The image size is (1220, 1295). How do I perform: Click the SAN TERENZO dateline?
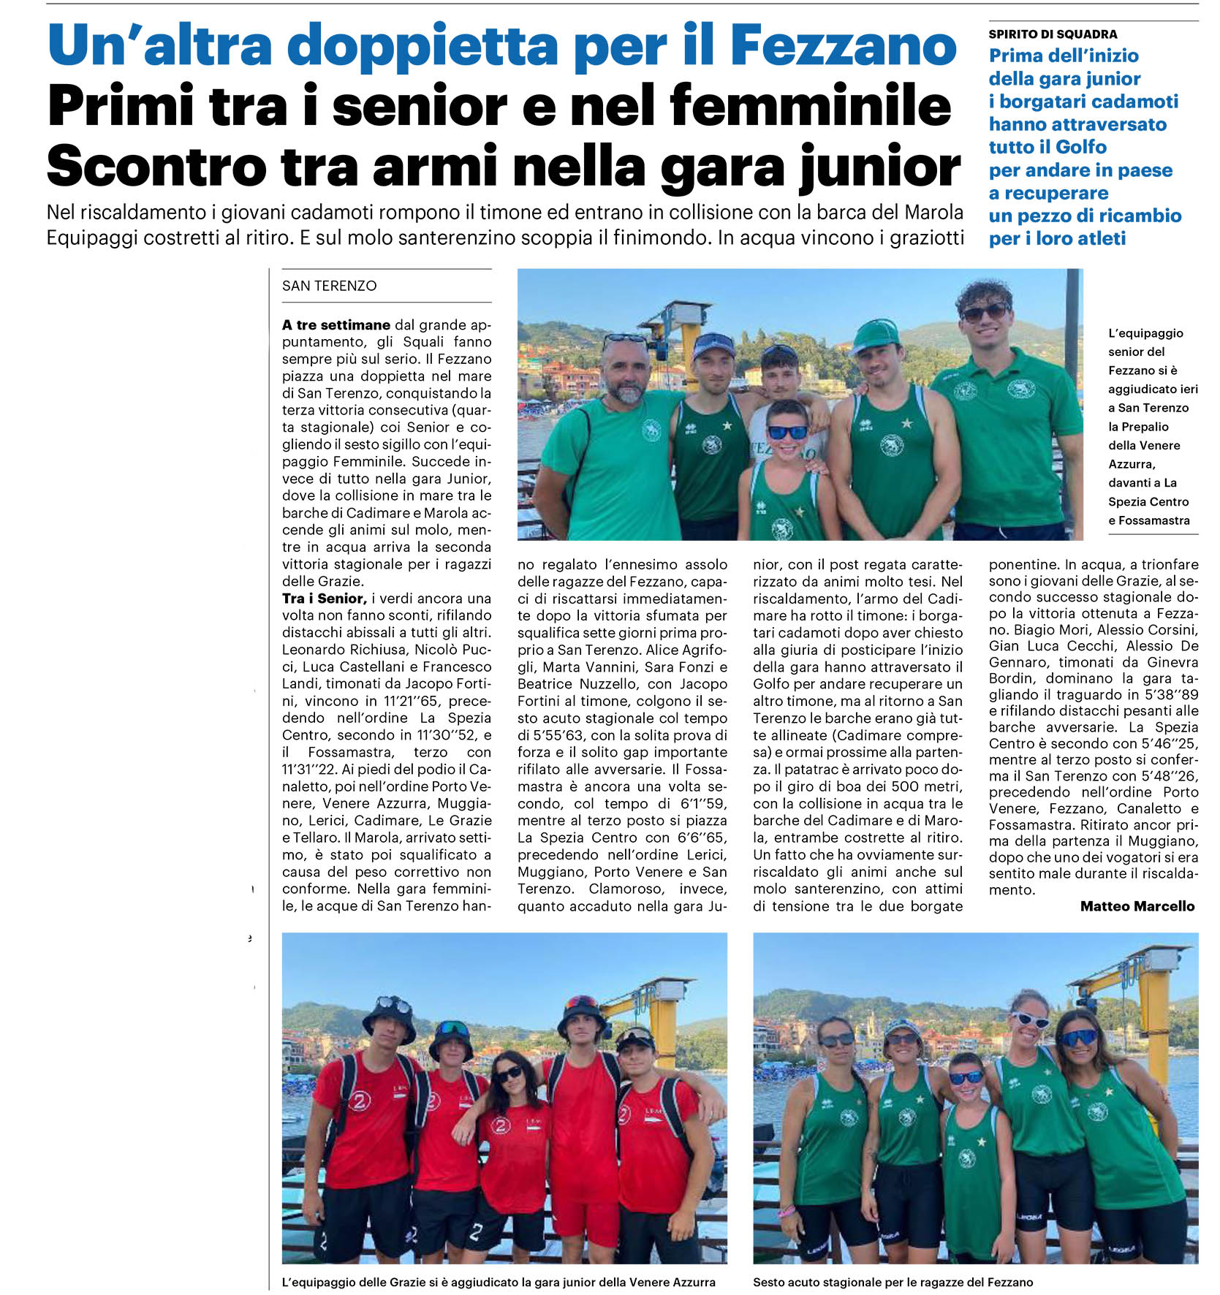click(x=329, y=286)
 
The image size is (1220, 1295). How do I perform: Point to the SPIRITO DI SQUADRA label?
click(x=1053, y=34)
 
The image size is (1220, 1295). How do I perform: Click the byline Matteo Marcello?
click(x=1137, y=906)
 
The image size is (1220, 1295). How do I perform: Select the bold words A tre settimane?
click(x=336, y=324)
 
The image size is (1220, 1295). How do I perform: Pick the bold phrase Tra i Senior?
click(x=324, y=599)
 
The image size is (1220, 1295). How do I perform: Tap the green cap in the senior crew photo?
click(x=876, y=335)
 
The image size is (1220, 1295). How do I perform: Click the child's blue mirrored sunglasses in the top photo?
click(x=787, y=432)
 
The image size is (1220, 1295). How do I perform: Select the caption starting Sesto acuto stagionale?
click(x=893, y=1282)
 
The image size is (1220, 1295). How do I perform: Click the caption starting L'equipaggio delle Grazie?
click(x=499, y=1282)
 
